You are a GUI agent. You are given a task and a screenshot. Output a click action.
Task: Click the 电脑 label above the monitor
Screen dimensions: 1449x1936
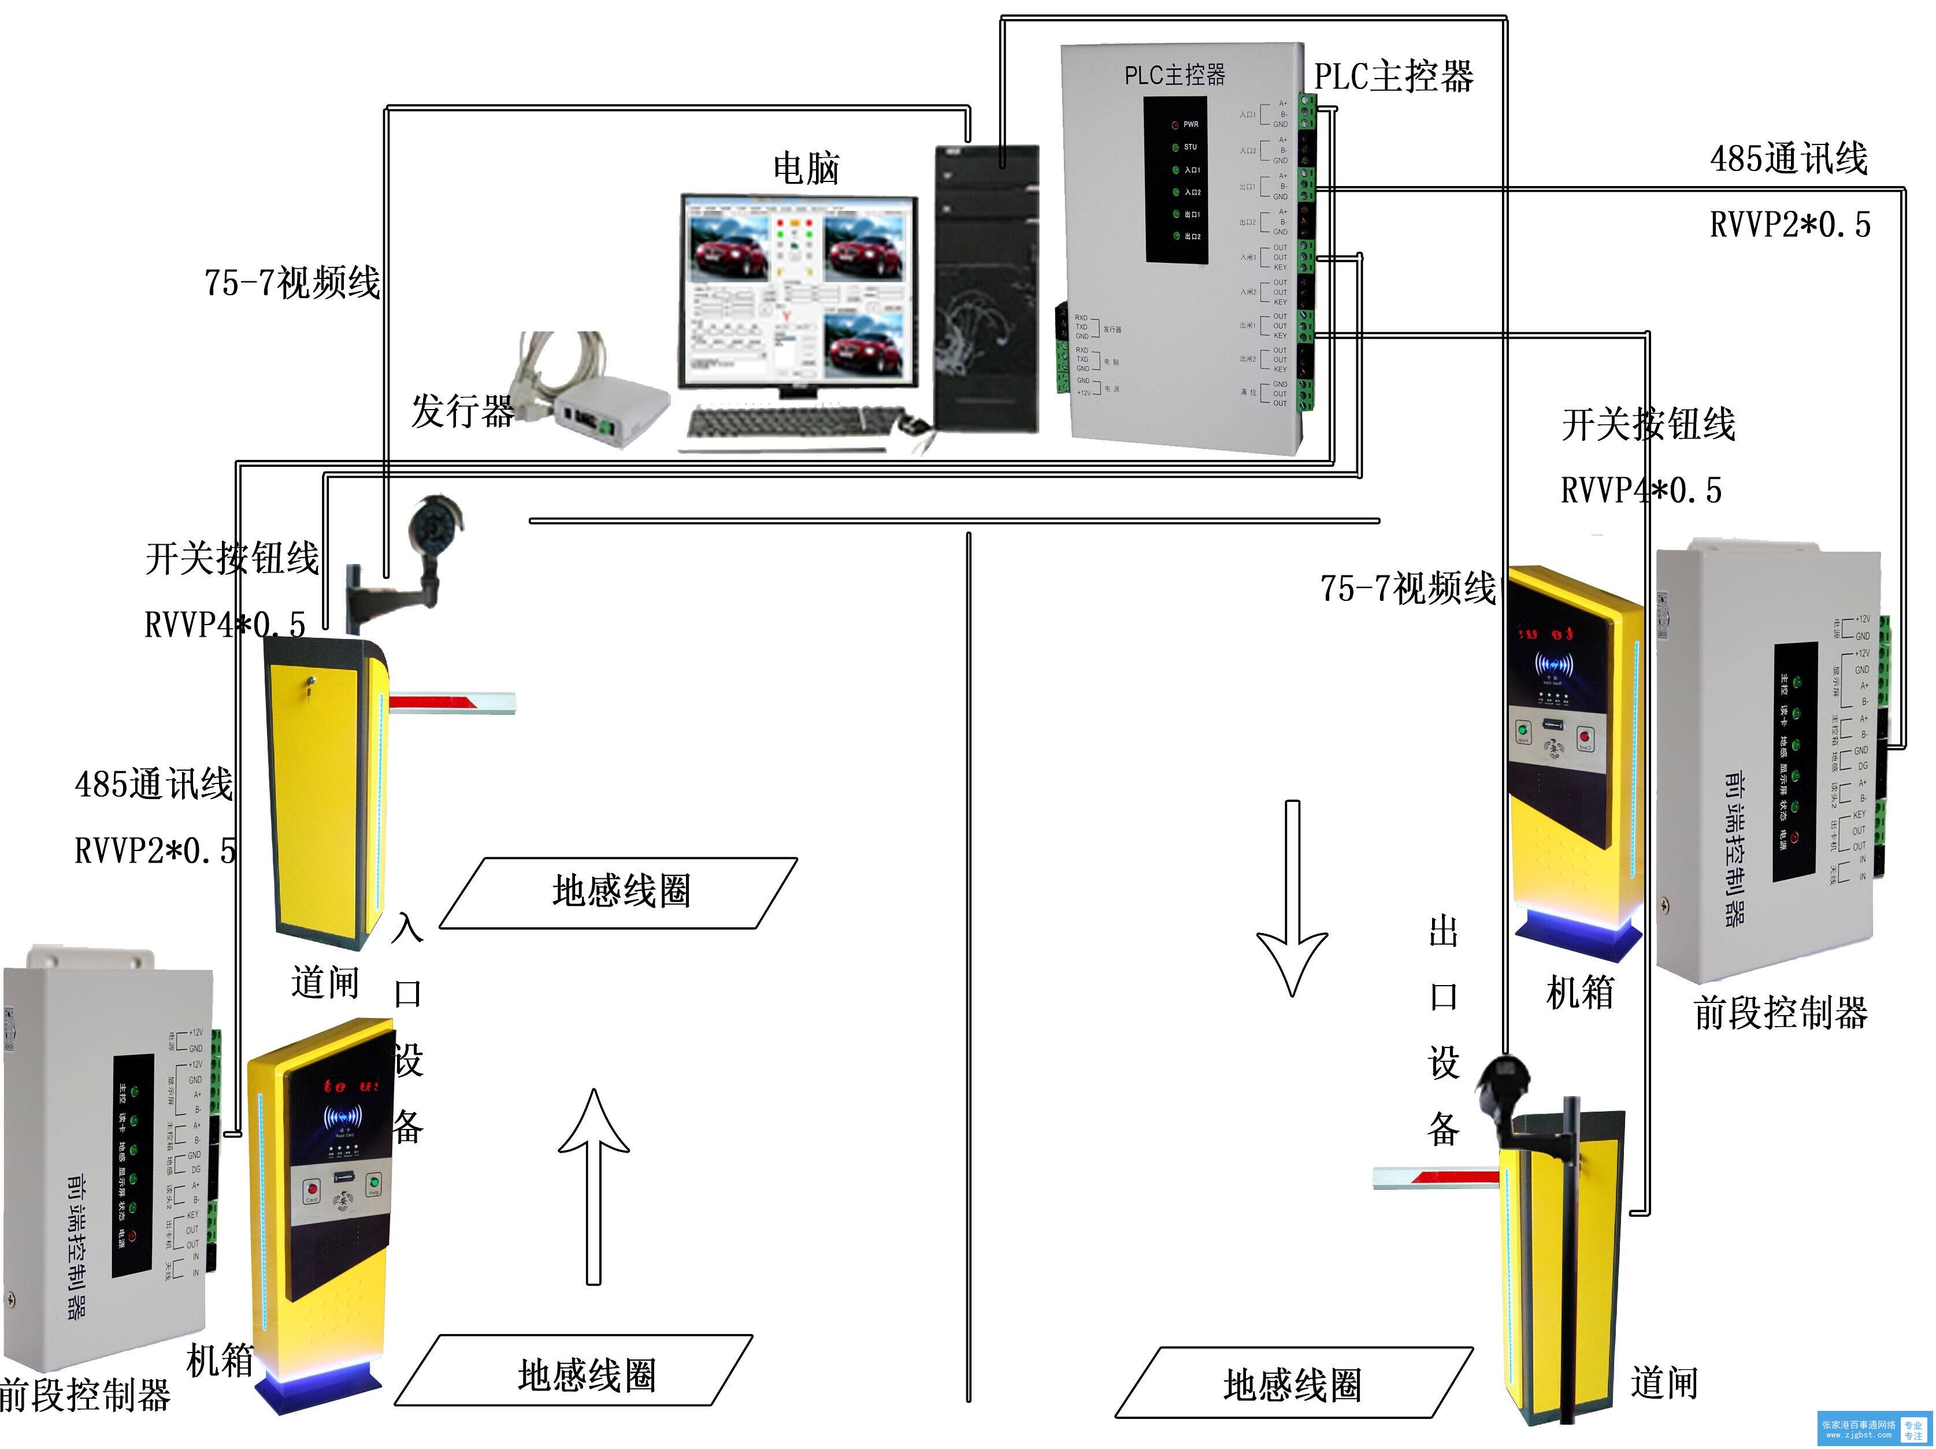pos(805,168)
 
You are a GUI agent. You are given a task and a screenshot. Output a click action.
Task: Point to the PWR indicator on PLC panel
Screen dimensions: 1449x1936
pos(1175,124)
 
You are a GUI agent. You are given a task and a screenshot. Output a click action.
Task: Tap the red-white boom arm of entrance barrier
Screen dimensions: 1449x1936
pos(451,702)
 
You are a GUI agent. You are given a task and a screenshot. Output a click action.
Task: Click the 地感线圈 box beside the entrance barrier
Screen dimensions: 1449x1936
pos(620,891)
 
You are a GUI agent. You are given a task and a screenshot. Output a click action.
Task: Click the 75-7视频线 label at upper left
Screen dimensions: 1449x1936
pos(291,283)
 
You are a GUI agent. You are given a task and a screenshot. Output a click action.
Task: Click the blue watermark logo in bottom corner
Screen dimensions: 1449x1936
pos(1874,1429)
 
